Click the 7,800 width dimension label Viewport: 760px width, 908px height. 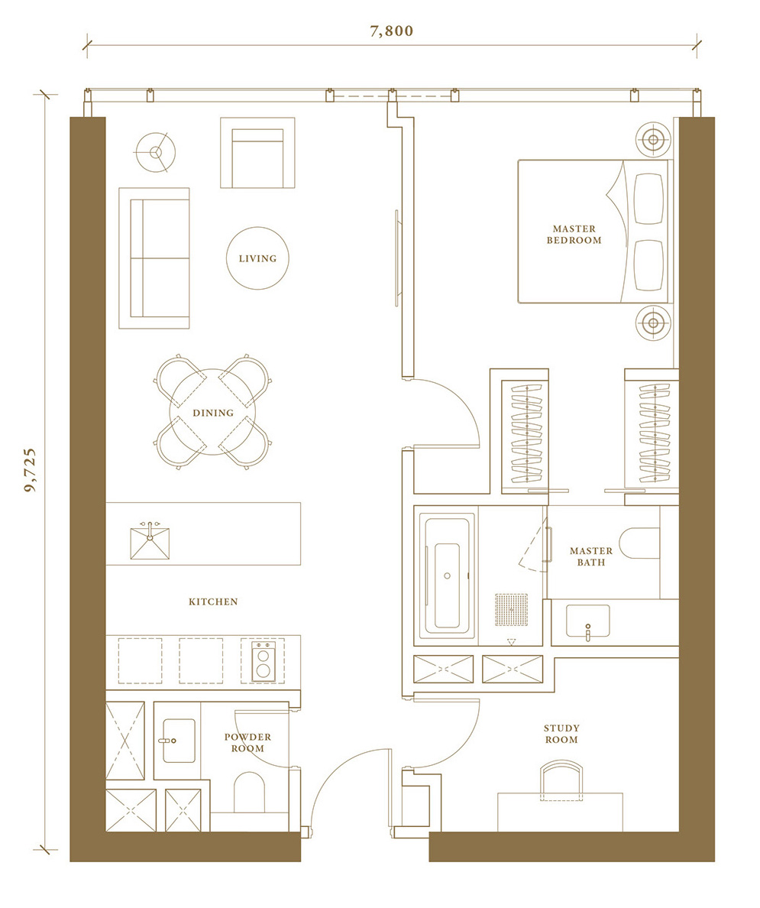(392, 31)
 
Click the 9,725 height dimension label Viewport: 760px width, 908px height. (30, 469)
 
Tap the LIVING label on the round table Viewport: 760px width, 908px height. (257, 258)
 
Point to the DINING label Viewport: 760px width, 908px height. (213, 413)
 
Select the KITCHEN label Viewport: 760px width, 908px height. (213, 602)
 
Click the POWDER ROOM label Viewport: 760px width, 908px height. (247, 742)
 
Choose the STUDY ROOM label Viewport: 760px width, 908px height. (561, 734)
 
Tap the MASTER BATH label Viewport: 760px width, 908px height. (591, 556)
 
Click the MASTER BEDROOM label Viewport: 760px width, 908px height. (574, 235)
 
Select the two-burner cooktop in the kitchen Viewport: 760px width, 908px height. (263, 660)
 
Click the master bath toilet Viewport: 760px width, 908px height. (639, 543)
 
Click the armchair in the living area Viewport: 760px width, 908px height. (257, 153)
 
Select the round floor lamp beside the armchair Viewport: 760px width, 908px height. (155, 152)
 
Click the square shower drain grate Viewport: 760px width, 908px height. (512, 609)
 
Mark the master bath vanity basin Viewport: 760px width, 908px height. (587, 621)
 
